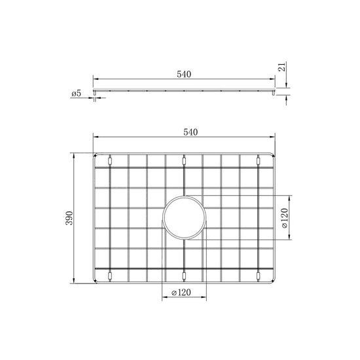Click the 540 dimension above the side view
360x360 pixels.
click(184, 75)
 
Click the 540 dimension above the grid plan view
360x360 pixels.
click(190, 132)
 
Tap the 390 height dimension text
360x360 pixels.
click(69, 218)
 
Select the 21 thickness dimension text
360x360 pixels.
click(283, 67)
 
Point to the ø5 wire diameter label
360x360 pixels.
click(77, 94)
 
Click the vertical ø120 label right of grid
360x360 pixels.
click(284, 218)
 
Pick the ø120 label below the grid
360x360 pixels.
click(181, 293)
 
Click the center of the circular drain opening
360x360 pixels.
click(184, 217)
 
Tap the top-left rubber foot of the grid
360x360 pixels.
click(110, 161)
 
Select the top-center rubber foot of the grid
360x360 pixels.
click(184, 161)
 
